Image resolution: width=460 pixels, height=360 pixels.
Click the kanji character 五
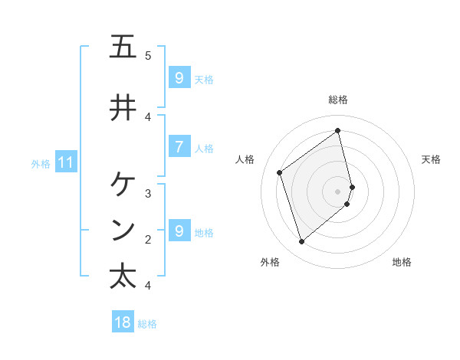coord(123,47)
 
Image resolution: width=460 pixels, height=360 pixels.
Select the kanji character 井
coord(123,107)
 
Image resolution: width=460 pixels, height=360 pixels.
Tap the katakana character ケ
coord(123,184)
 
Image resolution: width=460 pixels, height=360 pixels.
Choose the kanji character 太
coord(123,276)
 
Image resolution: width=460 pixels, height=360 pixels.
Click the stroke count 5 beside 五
coord(148,55)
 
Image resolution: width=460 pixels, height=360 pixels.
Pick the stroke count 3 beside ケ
coord(148,193)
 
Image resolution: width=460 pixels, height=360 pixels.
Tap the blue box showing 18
coord(123,322)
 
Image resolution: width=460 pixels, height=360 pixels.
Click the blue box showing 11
coord(65,162)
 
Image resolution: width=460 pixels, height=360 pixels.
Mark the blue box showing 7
coord(179,146)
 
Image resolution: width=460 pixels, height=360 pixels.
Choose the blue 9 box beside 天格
coord(179,77)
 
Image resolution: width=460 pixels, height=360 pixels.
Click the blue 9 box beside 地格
coord(179,231)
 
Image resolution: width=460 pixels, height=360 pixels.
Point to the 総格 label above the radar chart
coord(338,100)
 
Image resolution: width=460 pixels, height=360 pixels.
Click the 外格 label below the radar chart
coord(270,262)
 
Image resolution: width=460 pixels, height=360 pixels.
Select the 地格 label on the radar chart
coord(402,262)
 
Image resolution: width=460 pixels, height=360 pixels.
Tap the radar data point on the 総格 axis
coord(338,130)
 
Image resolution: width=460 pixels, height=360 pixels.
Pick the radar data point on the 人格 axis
coord(280,172)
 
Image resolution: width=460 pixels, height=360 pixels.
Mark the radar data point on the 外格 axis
coord(301,242)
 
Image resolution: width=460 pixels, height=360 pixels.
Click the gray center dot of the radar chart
coord(338,191)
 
